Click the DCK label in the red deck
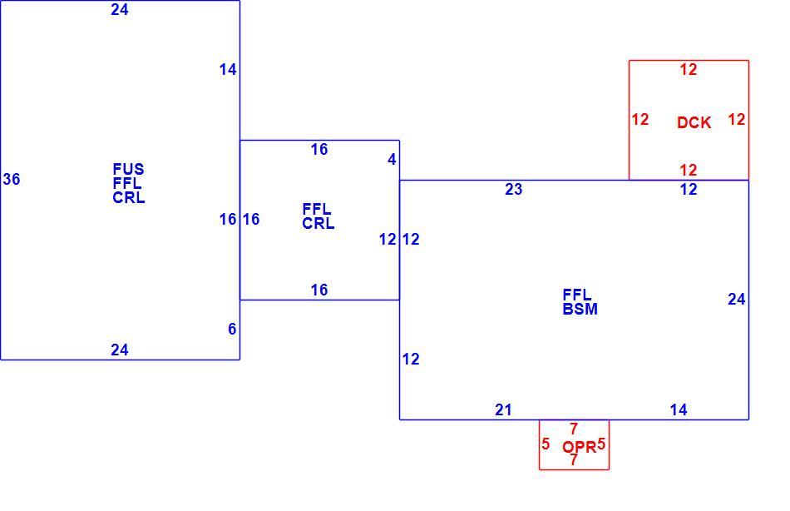point(694,122)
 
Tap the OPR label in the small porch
point(579,447)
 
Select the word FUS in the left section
point(128,169)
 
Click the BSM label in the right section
point(580,309)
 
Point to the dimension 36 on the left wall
point(12,179)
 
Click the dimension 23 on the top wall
point(513,189)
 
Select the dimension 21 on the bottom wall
point(503,410)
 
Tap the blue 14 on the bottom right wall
point(679,410)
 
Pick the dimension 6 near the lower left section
point(232,329)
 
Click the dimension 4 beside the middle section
point(392,160)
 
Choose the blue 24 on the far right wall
point(736,299)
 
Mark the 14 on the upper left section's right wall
point(228,70)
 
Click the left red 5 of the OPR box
point(546,444)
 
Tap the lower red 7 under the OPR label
point(573,459)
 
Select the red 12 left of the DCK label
point(640,120)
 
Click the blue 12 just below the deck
point(689,189)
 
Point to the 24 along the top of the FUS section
point(120,10)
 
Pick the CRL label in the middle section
point(318,223)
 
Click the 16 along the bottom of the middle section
point(319,290)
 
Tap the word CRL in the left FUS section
point(128,198)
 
